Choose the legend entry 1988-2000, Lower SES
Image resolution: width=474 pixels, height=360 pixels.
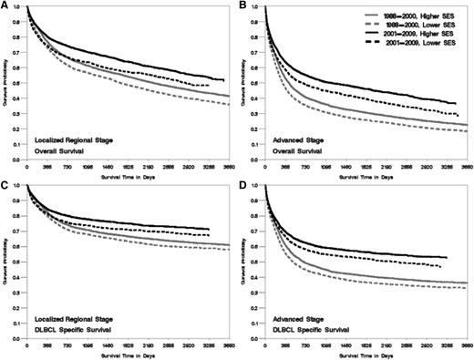(416, 24)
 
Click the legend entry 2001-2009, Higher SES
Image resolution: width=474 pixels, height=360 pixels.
(416, 34)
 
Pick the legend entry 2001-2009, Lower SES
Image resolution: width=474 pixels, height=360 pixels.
(416, 44)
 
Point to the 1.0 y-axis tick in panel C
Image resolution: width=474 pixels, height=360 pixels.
(20, 187)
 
